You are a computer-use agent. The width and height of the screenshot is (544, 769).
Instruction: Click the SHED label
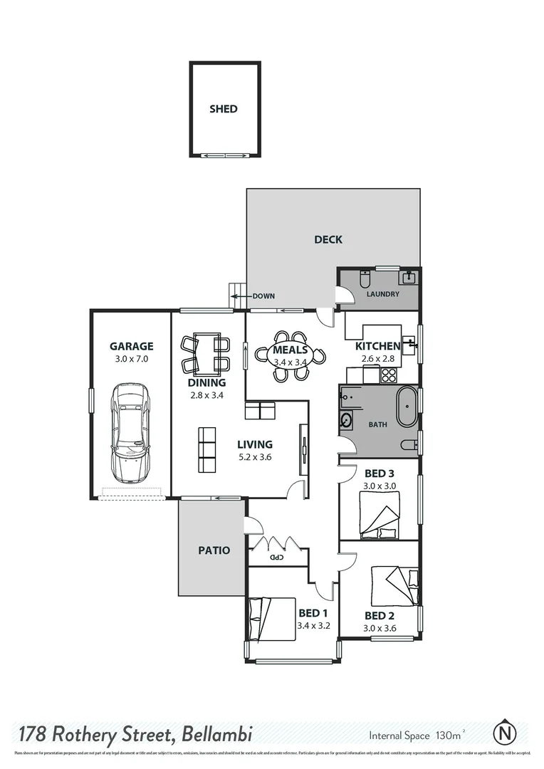point(223,109)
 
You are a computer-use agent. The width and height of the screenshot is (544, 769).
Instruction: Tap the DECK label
point(328,239)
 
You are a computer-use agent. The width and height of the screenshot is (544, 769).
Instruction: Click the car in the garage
point(131,432)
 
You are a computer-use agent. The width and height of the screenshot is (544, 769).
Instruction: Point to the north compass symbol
point(505,733)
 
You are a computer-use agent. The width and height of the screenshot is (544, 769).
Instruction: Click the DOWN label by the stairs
point(263,296)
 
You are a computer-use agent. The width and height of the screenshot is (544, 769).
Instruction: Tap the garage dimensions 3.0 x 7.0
point(131,359)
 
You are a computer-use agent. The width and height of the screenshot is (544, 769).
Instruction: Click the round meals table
point(291,350)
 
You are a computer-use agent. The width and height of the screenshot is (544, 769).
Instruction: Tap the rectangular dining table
point(206,354)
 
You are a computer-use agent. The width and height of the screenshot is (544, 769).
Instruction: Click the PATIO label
point(214,550)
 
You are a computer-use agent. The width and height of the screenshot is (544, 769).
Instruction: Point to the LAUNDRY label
point(382,293)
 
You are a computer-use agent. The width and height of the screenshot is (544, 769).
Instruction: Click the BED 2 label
point(379,615)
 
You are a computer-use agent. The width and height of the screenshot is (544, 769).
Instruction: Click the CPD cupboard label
point(276,557)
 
